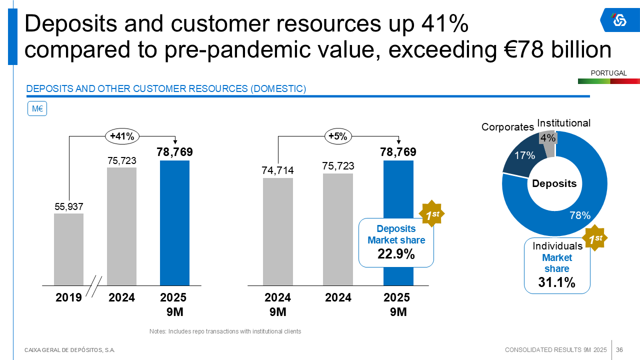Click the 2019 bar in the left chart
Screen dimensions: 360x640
point(68,249)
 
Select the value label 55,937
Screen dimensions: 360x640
point(68,206)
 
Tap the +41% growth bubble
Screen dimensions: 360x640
point(122,136)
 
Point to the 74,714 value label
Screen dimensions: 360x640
point(277,170)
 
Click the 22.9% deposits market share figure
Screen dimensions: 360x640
point(396,254)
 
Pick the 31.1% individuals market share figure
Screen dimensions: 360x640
point(556,282)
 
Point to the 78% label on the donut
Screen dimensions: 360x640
point(580,215)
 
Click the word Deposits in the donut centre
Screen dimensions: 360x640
point(554,183)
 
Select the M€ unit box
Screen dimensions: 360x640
point(36,108)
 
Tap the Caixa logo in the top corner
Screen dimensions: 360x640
point(619,20)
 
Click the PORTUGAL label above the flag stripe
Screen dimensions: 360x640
point(608,73)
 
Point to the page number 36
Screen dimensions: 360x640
point(619,349)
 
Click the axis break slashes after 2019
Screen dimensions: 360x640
point(94,287)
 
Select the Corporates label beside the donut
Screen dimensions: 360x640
point(507,127)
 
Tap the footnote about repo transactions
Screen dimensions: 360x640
point(225,331)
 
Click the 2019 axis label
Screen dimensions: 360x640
point(68,298)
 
